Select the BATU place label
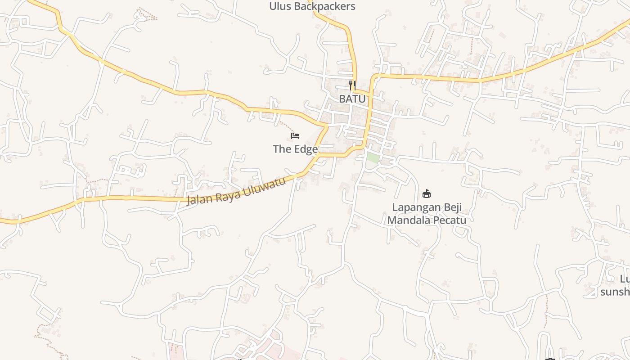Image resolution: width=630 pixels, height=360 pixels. point(352,99)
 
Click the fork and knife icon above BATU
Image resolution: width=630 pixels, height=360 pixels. point(352,84)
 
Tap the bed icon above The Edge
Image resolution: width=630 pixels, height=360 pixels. point(295,136)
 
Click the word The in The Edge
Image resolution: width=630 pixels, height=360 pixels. point(283,149)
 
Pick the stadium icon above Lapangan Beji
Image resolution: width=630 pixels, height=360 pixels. point(427,194)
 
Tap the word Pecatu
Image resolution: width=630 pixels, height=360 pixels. point(450,220)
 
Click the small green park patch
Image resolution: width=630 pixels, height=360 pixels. point(372,158)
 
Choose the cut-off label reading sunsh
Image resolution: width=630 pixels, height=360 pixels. point(615,292)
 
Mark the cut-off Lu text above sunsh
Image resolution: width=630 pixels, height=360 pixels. point(625,279)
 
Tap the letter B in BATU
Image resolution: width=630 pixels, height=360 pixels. point(342,99)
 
